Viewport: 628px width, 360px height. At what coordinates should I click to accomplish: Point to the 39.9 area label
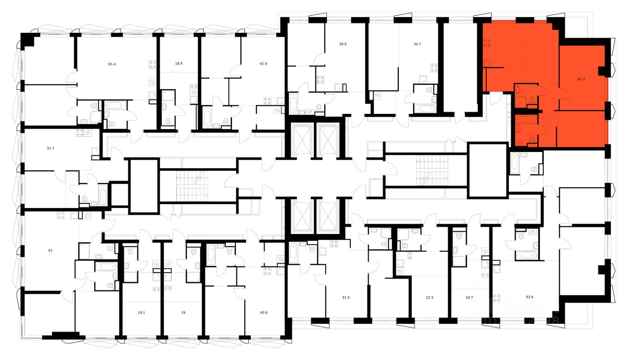[x=343, y=44]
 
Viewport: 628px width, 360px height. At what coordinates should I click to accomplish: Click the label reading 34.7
[x=417, y=44]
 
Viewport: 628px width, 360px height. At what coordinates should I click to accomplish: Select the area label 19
[x=183, y=311]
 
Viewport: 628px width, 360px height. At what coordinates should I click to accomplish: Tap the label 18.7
[x=469, y=297]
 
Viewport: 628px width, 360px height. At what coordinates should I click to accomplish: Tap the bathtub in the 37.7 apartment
[x=103, y=195]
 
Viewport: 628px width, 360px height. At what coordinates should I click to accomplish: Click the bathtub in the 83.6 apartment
[x=527, y=255]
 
